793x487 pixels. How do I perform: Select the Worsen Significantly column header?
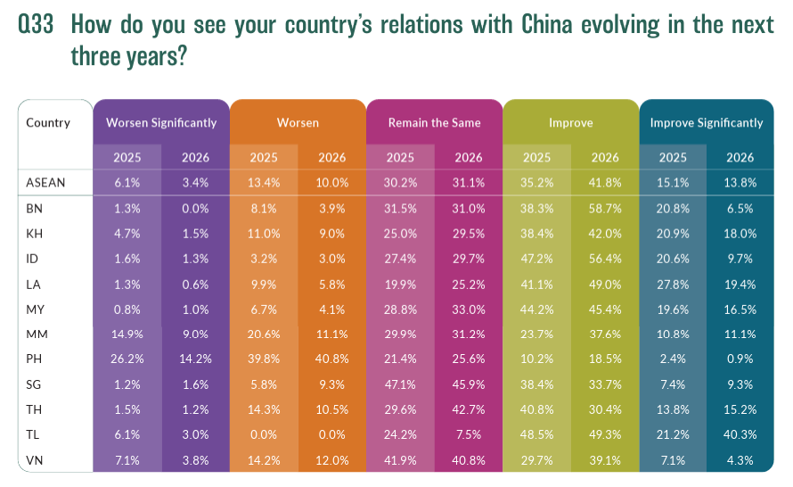161,122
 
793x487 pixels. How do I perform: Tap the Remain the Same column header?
434,122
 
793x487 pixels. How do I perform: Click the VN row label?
35,461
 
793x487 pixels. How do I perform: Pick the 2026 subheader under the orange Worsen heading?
332,157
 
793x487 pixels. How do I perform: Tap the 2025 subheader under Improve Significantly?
673,157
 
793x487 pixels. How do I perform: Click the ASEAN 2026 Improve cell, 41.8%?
604,183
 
